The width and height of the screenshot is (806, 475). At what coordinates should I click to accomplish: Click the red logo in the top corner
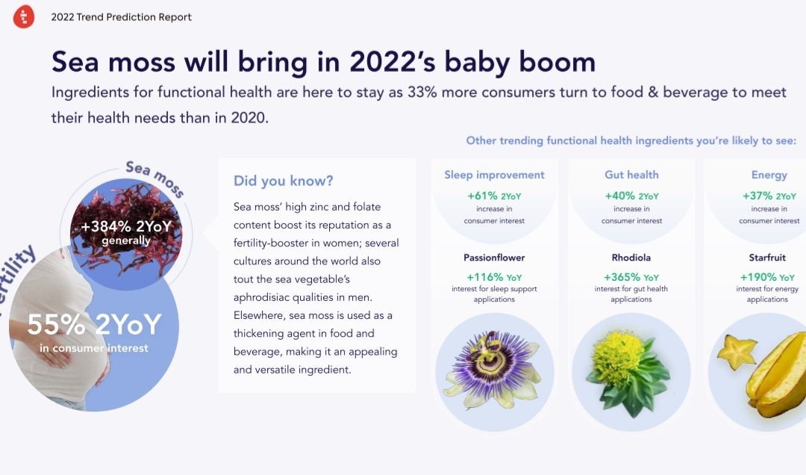coord(24,16)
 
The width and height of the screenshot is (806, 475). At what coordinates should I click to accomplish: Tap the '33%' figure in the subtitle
coord(422,92)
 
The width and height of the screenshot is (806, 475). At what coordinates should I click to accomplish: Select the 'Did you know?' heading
coord(284,181)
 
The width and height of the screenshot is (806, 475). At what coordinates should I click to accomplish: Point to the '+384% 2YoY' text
coord(126,226)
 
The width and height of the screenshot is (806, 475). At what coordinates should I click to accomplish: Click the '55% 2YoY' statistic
coord(94,324)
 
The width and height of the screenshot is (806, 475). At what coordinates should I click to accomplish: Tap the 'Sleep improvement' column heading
coord(494,175)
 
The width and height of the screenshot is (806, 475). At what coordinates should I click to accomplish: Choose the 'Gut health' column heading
coord(631,175)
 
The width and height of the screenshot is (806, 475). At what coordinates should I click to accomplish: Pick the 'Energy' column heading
coord(769,176)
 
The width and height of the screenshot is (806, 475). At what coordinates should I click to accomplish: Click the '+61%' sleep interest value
coord(482,196)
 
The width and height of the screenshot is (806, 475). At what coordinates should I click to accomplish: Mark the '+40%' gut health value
coord(619,196)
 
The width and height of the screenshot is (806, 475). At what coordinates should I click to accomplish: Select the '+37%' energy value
coord(757,196)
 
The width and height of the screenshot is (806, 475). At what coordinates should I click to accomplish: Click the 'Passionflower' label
coord(494,258)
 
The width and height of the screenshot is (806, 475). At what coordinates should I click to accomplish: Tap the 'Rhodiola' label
coord(631,258)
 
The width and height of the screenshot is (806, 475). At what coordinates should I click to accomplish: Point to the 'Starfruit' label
coord(767,258)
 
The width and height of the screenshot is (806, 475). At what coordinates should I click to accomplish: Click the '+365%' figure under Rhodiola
coord(622,277)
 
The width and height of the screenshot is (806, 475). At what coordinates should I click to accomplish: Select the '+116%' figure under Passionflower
coord(485,277)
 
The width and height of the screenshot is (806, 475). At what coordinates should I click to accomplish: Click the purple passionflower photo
coord(494,368)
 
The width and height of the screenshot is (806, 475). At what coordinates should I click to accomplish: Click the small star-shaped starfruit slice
coord(736,352)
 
